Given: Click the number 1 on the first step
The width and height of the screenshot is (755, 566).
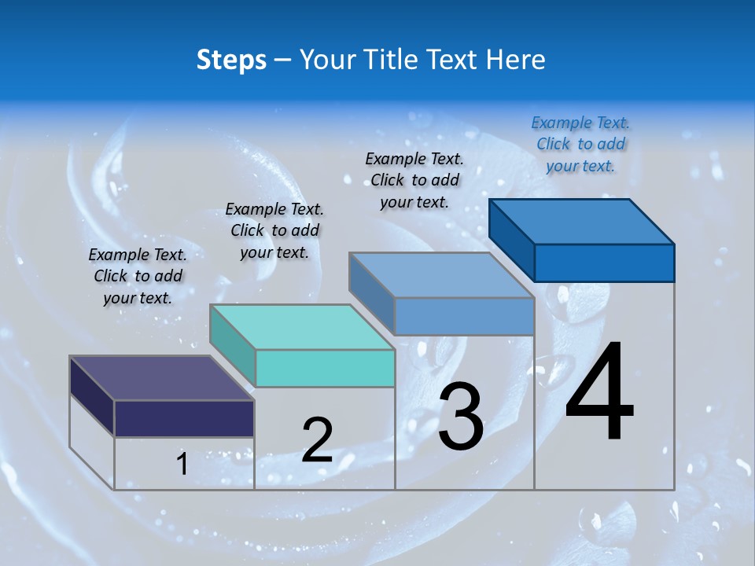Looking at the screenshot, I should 182,465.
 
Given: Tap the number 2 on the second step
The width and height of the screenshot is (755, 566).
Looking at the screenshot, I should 317,440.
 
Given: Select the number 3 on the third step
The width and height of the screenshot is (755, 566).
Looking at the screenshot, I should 461,417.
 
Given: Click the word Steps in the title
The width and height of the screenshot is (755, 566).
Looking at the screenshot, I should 231,60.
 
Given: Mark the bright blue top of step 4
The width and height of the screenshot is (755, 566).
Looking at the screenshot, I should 582,222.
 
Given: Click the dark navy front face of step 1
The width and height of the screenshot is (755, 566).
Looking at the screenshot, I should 184,418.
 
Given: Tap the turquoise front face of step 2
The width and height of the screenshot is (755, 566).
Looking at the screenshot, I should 325,368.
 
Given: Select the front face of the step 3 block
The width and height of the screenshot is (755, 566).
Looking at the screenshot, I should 464,316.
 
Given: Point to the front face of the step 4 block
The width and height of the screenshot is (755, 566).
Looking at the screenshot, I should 604,263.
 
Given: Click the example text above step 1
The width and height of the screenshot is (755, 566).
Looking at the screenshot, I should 138,276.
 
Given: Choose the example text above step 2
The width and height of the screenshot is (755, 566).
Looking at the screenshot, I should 274,230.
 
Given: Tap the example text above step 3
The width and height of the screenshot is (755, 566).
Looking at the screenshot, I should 414,180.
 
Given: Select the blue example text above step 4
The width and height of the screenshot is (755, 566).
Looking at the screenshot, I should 580,144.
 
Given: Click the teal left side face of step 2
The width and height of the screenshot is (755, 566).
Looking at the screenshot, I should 233,346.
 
